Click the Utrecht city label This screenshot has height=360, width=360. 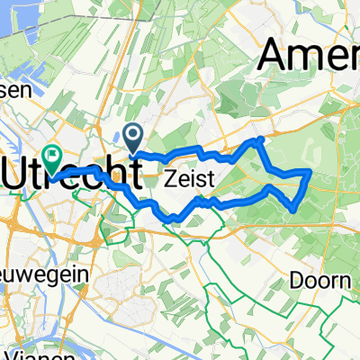point(72,174)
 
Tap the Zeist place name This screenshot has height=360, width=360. point(189,180)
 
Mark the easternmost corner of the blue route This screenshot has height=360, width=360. point(310,170)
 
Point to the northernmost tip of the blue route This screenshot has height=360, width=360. point(260,140)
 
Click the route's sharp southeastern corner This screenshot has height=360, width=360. point(294,211)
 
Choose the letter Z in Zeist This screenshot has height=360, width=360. point(169,180)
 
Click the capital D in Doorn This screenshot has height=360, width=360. point(296,281)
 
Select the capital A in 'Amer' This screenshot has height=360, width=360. point(275,58)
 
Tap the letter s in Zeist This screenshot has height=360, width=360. point(200,180)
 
